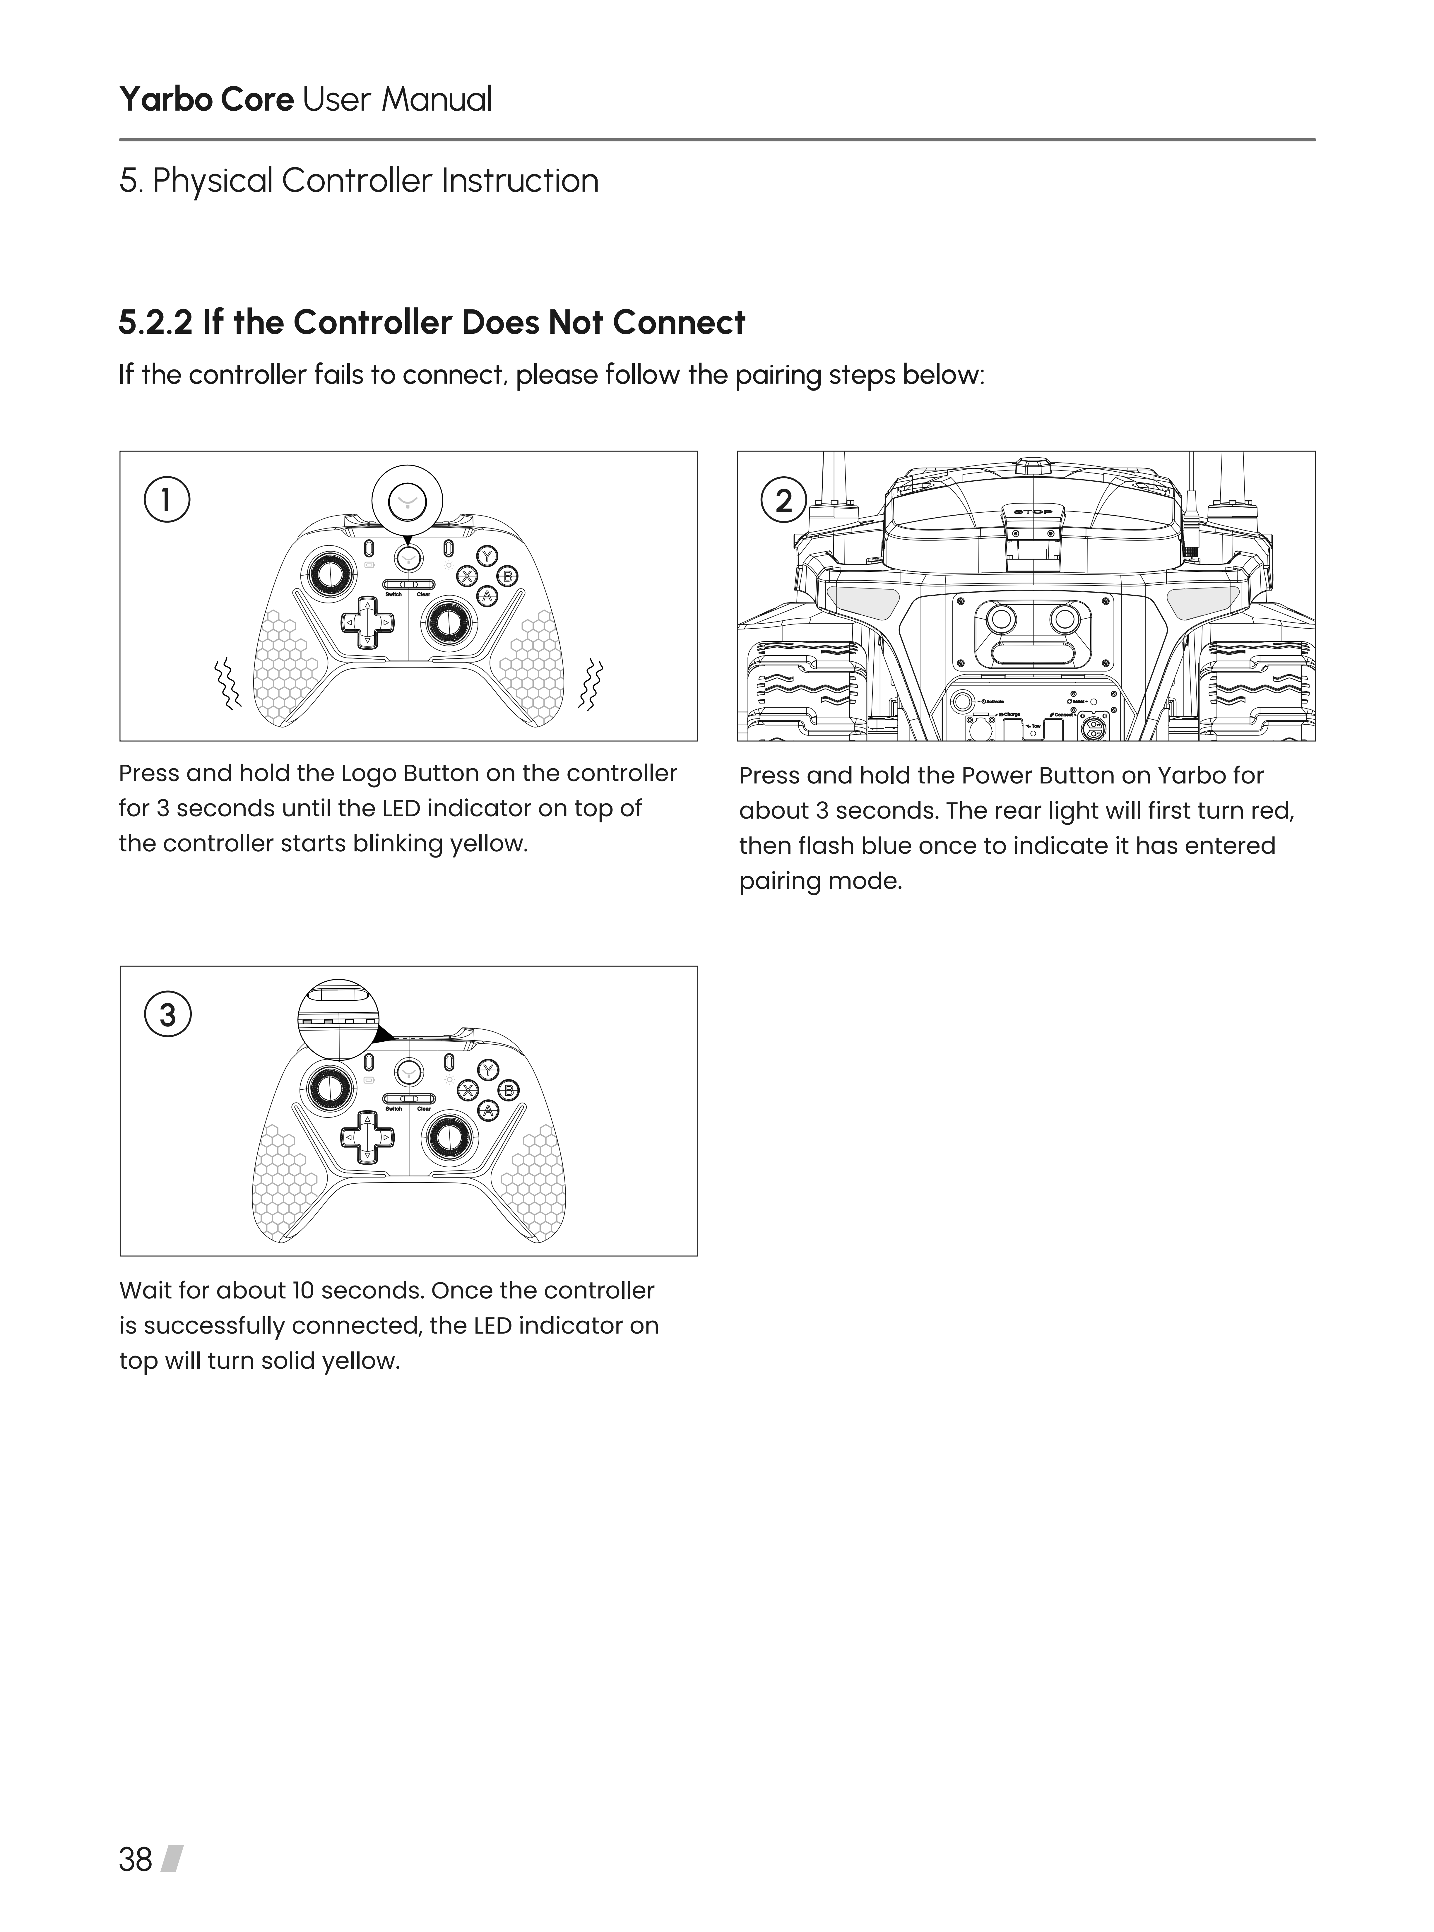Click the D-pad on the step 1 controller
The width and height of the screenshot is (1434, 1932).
click(367, 622)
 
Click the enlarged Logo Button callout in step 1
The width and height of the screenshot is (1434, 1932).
click(407, 501)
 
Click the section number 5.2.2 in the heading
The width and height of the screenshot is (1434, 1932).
click(155, 323)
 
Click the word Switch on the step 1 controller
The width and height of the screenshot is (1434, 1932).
click(393, 595)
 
